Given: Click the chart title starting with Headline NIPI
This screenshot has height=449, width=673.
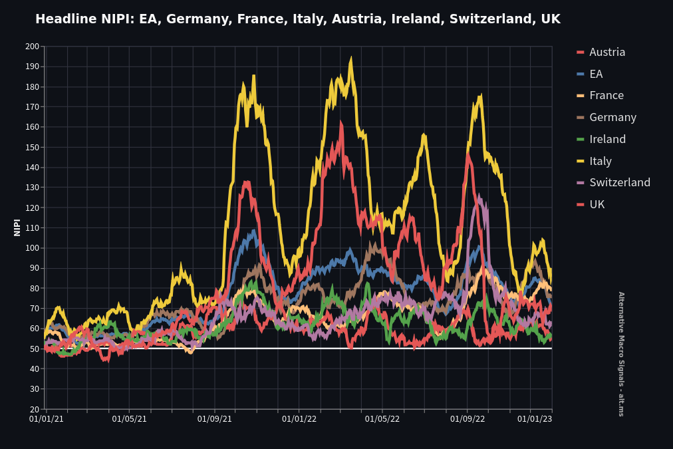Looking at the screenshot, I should (297, 19).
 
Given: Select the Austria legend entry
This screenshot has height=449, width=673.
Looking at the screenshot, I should (606, 52).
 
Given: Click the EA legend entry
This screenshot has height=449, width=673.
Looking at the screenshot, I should (596, 74).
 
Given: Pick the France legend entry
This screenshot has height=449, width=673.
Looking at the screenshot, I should (606, 95).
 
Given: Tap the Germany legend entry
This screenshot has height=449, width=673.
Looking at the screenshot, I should (612, 117).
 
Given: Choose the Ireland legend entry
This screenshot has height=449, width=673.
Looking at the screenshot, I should (607, 139).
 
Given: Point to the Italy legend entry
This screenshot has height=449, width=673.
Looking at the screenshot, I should (600, 161).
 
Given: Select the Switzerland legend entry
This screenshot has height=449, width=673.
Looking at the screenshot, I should (619, 182).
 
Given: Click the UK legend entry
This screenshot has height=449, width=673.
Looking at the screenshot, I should (597, 204).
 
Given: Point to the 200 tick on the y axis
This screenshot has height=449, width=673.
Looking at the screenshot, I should (32, 47).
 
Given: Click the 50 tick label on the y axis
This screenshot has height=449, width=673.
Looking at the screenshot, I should (34, 349).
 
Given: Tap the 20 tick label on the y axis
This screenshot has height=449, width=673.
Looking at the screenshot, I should (34, 409).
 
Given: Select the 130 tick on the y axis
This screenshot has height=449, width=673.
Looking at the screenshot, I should (32, 188).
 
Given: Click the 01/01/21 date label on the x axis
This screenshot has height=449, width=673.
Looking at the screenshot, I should (46, 419).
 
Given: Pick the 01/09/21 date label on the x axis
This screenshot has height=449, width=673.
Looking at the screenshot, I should (214, 419).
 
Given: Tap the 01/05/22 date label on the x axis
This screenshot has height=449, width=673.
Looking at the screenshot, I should (382, 419).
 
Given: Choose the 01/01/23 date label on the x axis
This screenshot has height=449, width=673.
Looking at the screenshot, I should (535, 419).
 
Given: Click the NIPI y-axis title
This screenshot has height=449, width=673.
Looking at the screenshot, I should (17, 227).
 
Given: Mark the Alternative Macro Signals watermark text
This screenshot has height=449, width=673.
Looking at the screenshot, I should (621, 354).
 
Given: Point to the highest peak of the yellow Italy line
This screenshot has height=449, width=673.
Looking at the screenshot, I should (350, 58).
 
